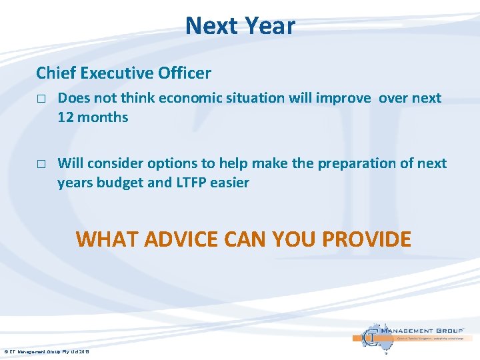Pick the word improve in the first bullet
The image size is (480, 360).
click(x=343, y=98)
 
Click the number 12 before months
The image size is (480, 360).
click(x=66, y=117)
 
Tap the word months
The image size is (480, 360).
click(x=103, y=117)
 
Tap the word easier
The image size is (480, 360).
click(x=232, y=182)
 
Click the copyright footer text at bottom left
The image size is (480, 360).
click(x=47, y=351)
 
